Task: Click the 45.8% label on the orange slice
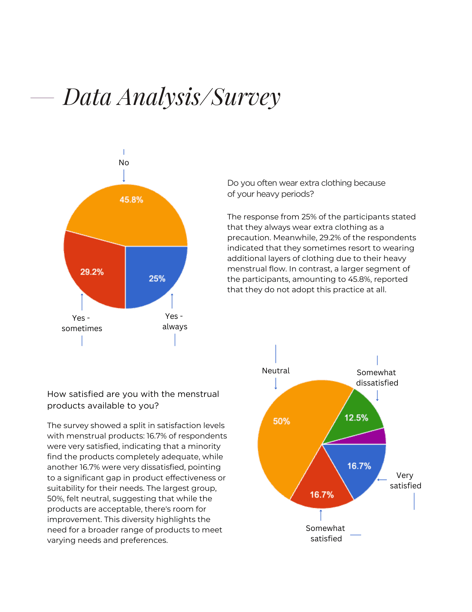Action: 131,200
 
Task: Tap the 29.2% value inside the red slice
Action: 92,272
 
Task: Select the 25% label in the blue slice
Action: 157,278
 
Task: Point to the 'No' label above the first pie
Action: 124,162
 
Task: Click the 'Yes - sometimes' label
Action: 82,323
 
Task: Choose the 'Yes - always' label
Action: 175,321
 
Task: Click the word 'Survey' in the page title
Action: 246,97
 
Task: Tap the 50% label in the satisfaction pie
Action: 281,421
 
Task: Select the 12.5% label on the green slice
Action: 356,418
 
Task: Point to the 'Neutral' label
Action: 276,371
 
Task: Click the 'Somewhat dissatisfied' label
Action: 377,378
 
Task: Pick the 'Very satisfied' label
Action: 405,480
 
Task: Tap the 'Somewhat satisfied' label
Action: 326,533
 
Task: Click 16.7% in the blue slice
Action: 359,466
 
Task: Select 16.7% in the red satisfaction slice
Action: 322,494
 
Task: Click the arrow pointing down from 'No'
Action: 124,176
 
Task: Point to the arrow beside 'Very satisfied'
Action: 382,480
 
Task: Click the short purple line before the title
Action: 42,98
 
